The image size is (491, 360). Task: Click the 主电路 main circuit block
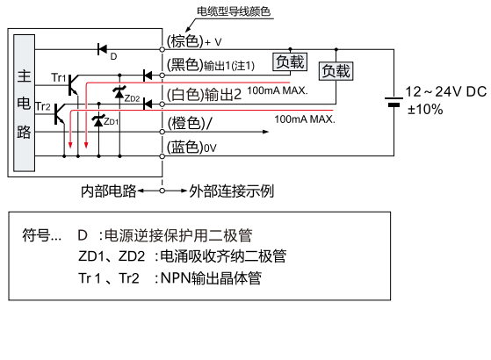tap(24, 103)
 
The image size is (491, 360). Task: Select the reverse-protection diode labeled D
tap(102, 49)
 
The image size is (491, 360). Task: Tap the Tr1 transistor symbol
tap(73, 85)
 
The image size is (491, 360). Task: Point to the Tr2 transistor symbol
tap(59, 114)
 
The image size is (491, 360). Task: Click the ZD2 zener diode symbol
tap(119, 93)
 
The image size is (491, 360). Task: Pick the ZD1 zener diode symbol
tap(98, 121)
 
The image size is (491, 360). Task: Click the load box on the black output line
tap(290, 61)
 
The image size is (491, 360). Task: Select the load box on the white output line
tap(336, 71)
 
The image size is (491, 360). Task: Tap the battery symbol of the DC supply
tap(394, 102)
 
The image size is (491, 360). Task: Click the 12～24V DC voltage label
tap(446, 92)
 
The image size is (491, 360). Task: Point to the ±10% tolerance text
tap(425, 110)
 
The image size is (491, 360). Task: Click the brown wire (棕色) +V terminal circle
tap(162, 49)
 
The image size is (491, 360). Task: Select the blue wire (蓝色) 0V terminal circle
tap(162, 156)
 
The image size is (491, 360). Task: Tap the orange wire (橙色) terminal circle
tap(162, 132)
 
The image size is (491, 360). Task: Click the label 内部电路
tap(109, 191)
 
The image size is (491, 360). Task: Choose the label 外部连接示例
tap(231, 191)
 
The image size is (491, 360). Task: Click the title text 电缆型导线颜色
tap(234, 11)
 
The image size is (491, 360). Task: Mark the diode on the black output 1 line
tap(148, 76)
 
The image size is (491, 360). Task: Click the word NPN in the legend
tap(176, 278)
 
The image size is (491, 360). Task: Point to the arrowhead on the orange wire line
tap(265, 132)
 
